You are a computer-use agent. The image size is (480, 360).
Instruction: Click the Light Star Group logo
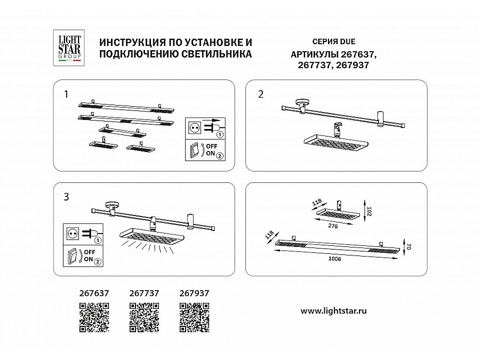pos(69,48)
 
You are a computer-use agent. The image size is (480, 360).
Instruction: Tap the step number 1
pos(66,94)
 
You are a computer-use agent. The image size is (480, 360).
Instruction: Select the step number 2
pos(261,94)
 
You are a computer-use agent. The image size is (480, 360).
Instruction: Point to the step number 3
pos(66,197)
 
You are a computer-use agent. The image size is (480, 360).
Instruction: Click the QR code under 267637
pos(94,317)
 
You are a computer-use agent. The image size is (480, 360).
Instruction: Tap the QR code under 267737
pos(144,317)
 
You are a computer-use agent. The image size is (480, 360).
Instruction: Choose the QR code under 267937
pos(194,317)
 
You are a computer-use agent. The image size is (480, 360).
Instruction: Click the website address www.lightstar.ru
pos(334,311)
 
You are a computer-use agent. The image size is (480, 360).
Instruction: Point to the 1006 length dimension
pos(334,259)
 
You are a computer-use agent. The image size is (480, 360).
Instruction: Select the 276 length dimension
pos(333,226)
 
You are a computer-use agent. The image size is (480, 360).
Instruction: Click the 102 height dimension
pos(369,211)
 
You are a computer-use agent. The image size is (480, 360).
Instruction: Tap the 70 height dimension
pos(409,246)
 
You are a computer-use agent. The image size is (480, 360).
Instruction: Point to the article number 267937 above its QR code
pos(194,293)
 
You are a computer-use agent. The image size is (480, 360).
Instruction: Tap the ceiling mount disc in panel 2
pos(303,102)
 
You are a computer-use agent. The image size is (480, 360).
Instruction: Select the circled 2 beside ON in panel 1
pos(220,156)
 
